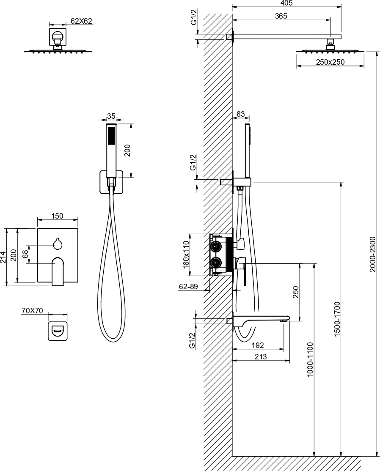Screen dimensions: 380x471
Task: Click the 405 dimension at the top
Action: click(286, 3)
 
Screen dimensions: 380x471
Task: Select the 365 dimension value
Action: click(281, 16)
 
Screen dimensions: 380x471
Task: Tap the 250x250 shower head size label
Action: click(330, 62)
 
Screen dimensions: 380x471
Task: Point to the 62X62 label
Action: click(81, 21)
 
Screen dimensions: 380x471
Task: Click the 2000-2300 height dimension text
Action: click(372, 255)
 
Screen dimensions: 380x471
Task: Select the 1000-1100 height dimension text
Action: click(310, 359)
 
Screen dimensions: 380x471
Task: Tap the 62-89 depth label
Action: click(188, 287)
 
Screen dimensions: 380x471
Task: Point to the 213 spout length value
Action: click(260, 356)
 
